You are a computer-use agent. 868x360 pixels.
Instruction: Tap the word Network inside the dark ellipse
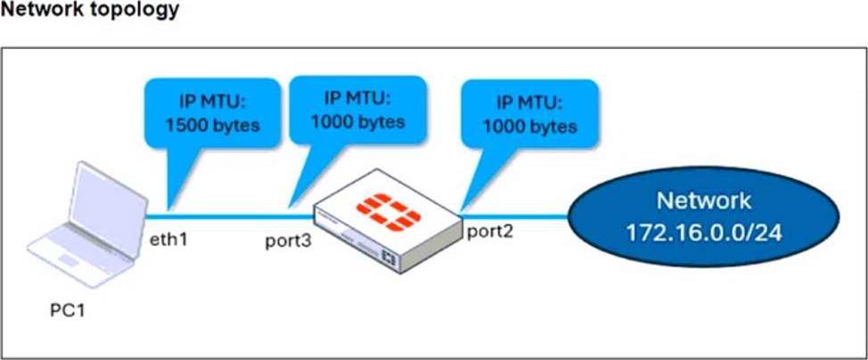705,200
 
